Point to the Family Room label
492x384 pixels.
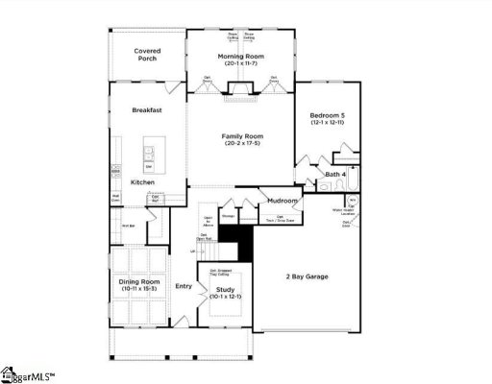pyautogui.click(x=242, y=137)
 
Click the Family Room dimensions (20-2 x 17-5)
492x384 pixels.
pyautogui.click(x=242, y=146)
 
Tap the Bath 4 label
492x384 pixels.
pyautogui.click(x=334, y=174)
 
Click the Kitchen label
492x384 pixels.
pyautogui.click(x=142, y=181)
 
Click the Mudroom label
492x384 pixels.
pyautogui.click(x=283, y=201)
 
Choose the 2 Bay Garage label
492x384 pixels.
pyautogui.click(x=307, y=276)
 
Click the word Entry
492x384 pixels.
pyautogui.click(x=184, y=285)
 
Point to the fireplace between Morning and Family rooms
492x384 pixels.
pyautogui.click(x=239, y=94)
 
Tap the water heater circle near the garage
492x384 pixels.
pyautogui.click(x=353, y=202)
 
